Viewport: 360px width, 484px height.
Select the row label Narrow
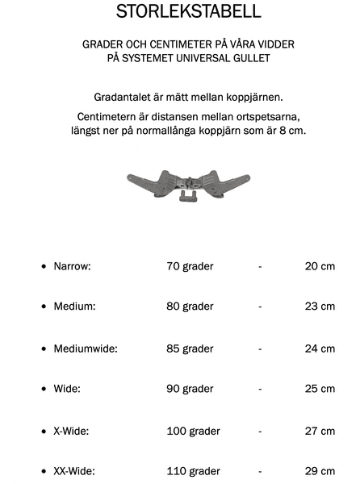tap(72, 265)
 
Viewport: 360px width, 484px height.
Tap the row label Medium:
tap(74, 307)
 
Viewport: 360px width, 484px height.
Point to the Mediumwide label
tap(86, 348)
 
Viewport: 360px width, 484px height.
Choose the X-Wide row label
tap(71, 431)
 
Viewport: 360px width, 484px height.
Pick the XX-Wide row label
tap(74, 471)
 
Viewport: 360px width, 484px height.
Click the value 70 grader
tap(190, 265)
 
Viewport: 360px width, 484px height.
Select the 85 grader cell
tap(190, 348)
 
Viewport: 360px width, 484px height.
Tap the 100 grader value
tap(193, 431)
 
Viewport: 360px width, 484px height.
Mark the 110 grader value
tap(193, 471)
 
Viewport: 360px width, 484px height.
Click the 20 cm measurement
tap(320, 265)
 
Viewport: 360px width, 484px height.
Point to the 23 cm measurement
tap(320, 307)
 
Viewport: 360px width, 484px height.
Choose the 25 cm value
tap(320, 389)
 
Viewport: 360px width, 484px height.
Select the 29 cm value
tap(320, 471)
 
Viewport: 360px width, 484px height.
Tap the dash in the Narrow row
tap(260, 265)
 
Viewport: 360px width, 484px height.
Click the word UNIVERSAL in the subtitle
tap(220, 58)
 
